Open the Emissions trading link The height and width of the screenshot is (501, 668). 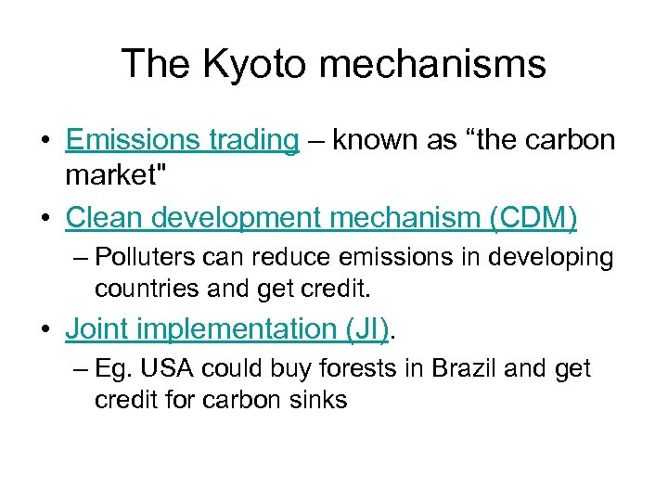point(182,140)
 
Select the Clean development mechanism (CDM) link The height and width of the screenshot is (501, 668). point(321,218)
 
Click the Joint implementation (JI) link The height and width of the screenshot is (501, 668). point(227,328)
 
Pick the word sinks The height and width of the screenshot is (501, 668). point(322,400)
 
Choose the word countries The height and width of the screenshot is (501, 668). point(143,289)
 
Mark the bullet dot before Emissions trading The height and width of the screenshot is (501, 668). point(45,141)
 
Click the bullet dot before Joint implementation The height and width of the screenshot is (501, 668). point(45,329)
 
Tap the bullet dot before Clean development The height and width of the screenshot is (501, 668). point(45,219)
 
